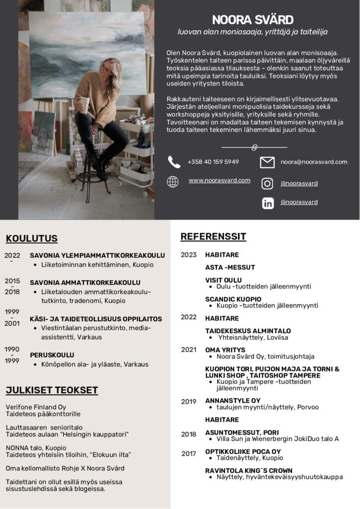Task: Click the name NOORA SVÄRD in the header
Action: click(253, 20)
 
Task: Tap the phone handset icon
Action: click(174, 162)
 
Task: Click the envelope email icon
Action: click(267, 162)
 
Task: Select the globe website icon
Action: click(173, 182)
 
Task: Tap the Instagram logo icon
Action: click(267, 184)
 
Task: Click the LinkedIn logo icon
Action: click(268, 203)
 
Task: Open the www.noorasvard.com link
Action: click(219, 180)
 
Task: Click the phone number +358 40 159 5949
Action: click(213, 162)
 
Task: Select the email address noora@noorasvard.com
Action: click(314, 162)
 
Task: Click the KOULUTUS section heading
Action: click(32, 239)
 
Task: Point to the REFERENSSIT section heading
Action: click(213, 236)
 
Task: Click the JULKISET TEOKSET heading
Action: click(52, 390)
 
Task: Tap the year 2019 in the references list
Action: click(189, 401)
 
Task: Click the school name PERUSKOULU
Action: click(52, 355)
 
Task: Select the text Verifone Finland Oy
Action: click(36, 407)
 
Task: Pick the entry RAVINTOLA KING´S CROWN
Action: click(249, 470)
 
